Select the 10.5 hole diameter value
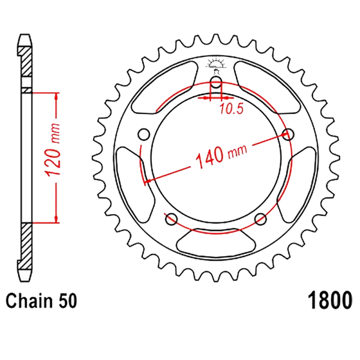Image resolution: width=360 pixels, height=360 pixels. [231, 109]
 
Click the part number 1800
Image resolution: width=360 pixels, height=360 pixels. [330, 301]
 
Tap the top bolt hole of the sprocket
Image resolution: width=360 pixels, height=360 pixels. [216, 82]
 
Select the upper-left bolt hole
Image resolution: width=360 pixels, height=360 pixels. [144, 134]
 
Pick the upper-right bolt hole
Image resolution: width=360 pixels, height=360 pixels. [288, 134]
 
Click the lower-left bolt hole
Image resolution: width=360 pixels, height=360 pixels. [171, 219]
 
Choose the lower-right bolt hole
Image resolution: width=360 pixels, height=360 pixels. [261, 219]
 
